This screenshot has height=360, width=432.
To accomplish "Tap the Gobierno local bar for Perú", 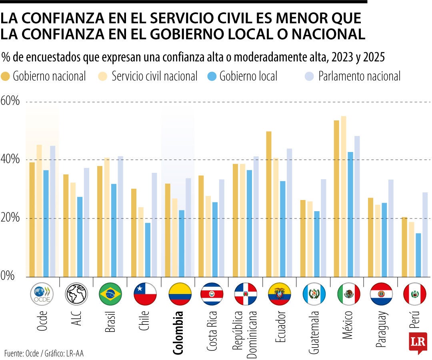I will point(418,255).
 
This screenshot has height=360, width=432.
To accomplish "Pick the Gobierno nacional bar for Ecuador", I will point(269,204).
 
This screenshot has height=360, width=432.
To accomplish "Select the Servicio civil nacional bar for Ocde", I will point(39,210).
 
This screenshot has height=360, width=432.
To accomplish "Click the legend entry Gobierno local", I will point(248,76).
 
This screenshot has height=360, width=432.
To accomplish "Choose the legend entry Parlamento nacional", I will point(359,76).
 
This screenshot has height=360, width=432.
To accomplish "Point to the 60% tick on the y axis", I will point(10,101).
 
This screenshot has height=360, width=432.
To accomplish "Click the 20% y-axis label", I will point(10,218).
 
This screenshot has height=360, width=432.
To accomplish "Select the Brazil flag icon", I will point(110,294).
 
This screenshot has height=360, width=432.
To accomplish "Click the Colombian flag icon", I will point(180,294).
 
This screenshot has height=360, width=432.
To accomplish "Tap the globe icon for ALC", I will point(76,294).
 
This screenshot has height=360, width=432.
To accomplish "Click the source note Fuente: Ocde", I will point(22,353).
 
